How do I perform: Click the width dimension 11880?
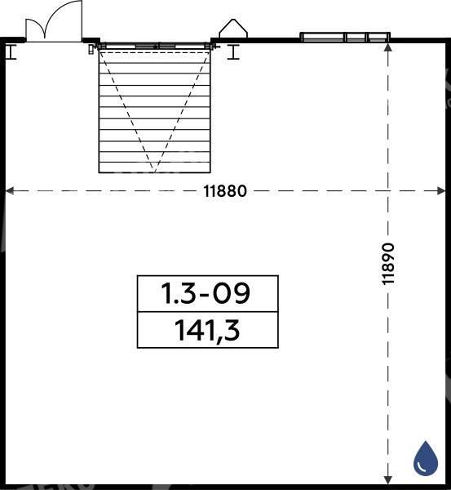pos(225,191)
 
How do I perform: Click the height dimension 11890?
pos(388,264)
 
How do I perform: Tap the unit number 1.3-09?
pos(206,293)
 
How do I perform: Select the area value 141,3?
pos(207,330)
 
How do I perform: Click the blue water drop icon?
pos(426,457)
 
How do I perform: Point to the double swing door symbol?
pos(54,21)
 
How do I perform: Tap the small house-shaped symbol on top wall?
pos(233,29)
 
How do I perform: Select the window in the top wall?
pos(345,37)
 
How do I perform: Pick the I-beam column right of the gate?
pos(233,52)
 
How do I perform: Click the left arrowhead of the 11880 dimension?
pos(10,191)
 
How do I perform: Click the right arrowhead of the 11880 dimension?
pos(441,191)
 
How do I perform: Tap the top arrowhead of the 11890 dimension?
pos(388,47)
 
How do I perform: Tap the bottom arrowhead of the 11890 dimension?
pos(388,480)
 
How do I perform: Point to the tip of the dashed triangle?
pos(154,172)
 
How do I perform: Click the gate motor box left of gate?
pos(91,49)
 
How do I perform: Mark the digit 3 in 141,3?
pos(232,329)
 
